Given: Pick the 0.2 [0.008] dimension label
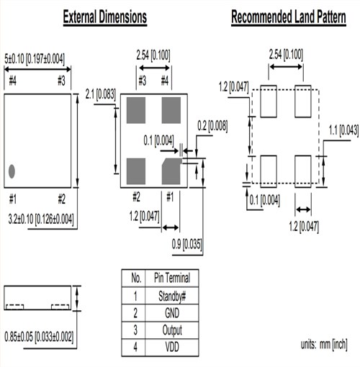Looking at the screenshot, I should pyautogui.click(x=212, y=126).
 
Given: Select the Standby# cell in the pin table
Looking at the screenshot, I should pyautogui.click(x=172, y=296).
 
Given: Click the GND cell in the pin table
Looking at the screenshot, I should pyautogui.click(x=172, y=313).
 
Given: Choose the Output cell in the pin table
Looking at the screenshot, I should pyautogui.click(x=172, y=330).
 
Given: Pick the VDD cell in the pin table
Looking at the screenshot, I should pyautogui.click(x=172, y=347).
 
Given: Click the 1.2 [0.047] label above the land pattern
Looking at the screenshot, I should pyautogui.click(x=233, y=88).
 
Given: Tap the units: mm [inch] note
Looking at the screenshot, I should pyautogui.click(x=324, y=344).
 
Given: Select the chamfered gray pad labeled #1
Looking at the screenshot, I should pyautogui.click(x=171, y=170).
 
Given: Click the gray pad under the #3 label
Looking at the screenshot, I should pyautogui.click(x=136, y=109).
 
